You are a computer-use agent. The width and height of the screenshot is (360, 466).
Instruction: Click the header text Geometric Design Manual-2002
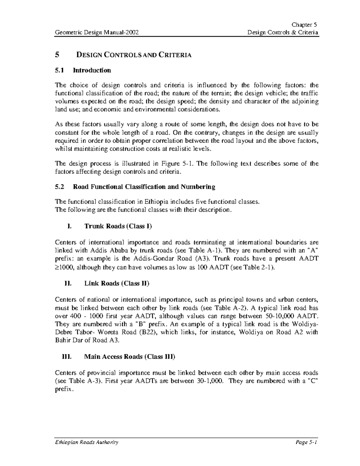coord(96,32)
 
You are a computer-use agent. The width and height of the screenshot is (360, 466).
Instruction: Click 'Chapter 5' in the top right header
coord(306,25)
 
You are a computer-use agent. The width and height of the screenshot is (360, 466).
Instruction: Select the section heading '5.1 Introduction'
coord(83,70)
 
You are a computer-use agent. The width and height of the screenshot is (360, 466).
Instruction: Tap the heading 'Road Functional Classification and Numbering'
coord(144,187)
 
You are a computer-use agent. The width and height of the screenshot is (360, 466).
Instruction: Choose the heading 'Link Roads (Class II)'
coord(117,283)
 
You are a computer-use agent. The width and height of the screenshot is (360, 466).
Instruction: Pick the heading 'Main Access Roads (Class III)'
coord(130,357)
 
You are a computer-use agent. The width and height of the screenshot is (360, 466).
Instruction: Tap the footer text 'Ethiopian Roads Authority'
coord(87,442)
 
